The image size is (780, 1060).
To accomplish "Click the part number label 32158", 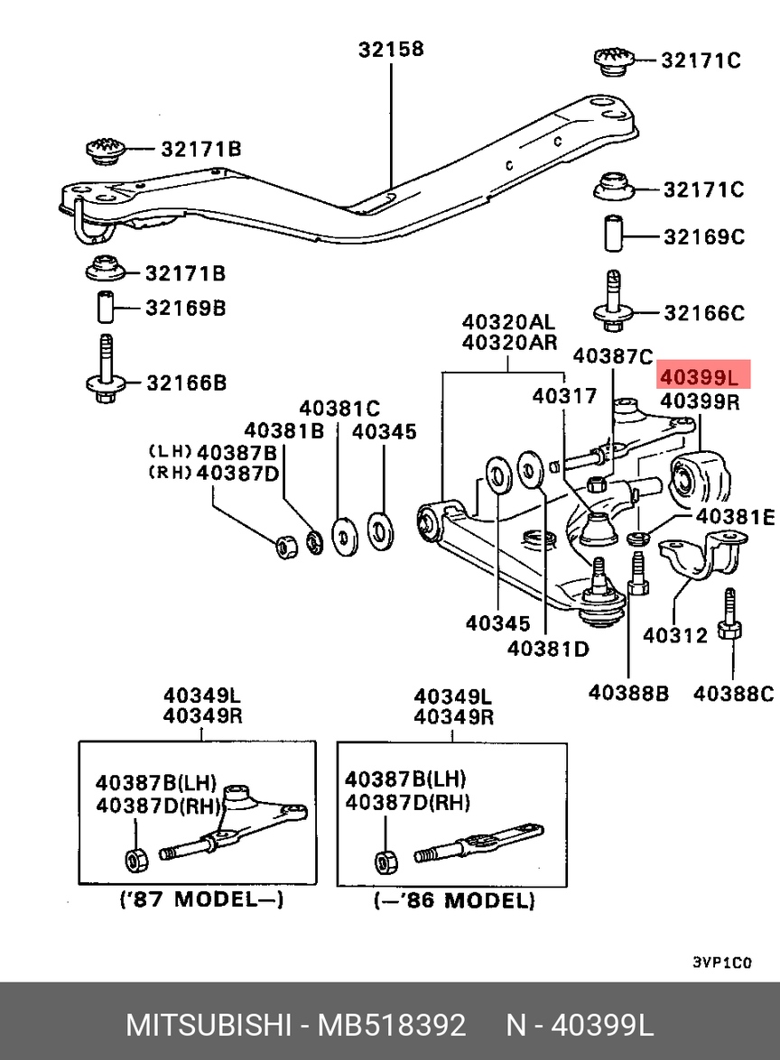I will [390, 49].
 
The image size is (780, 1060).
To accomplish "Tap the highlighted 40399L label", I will [700, 373].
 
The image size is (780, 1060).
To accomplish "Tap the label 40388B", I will [628, 693].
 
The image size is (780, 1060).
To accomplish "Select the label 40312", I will [674, 636].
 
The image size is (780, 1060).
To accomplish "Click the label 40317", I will [563, 394].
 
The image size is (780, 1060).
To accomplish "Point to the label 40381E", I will [733, 517].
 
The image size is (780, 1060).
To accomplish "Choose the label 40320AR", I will [509, 343].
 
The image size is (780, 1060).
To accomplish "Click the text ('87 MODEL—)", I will [202, 899].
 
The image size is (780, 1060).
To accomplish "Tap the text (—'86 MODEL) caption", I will [454, 899].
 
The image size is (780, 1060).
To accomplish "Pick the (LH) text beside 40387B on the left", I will [169, 450].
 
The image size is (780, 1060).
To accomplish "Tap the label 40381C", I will [339, 407].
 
